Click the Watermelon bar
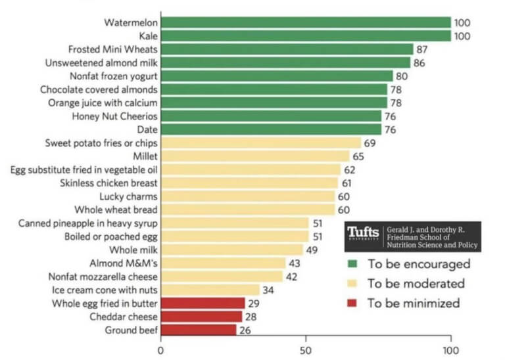(306, 22)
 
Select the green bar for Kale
(306, 36)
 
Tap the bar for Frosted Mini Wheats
(287, 49)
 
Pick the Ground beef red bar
(199, 330)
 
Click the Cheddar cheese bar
(201, 317)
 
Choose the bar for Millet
(255, 156)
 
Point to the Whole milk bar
(232, 250)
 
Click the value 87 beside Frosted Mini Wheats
(422, 49)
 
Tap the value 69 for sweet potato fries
(370, 143)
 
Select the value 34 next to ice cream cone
(268, 290)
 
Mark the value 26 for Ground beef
(245, 330)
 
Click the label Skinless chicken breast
(108, 183)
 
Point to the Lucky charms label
(128, 196)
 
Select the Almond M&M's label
(124, 263)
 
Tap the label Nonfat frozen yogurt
(114, 76)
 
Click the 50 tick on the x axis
(306, 350)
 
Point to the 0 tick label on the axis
(160, 350)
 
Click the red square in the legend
(352, 303)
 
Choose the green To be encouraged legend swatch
(352, 264)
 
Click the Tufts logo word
(363, 233)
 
